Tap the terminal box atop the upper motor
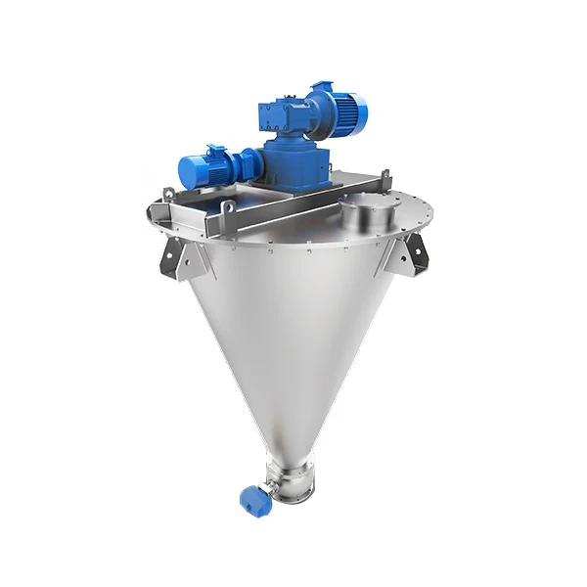click(x=322, y=88)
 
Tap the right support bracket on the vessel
click(x=406, y=256)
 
